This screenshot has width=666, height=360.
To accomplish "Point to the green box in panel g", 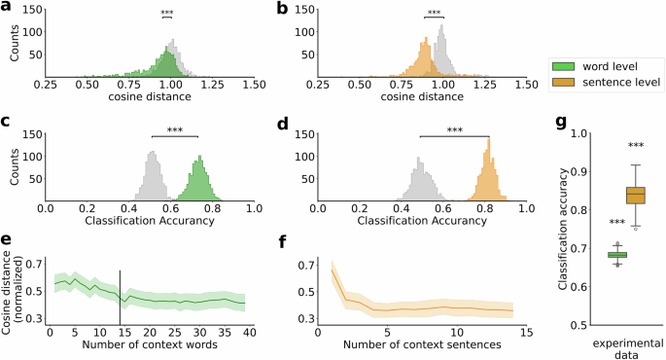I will point(616,255).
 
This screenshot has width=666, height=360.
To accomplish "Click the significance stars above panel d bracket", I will point(454,129).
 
